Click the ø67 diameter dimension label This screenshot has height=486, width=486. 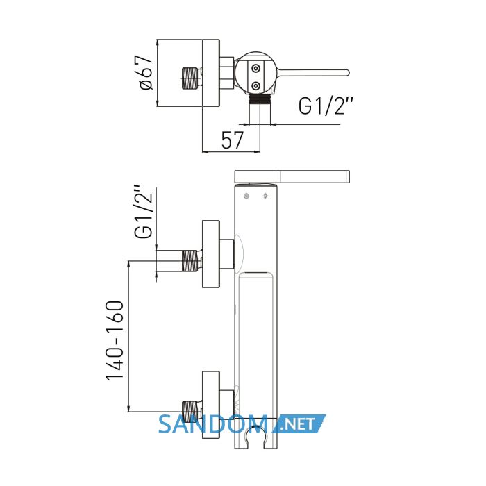(x=146, y=73)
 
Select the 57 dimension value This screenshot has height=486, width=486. (x=233, y=140)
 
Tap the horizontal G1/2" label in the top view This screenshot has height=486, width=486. (x=326, y=106)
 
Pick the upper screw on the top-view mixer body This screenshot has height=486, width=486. (x=255, y=68)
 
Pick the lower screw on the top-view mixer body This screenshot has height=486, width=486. (x=255, y=85)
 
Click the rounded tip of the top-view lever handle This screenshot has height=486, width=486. (x=347, y=72)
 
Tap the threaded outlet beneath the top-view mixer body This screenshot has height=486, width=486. (x=260, y=99)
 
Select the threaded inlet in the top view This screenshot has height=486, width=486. (x=189, y=78)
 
